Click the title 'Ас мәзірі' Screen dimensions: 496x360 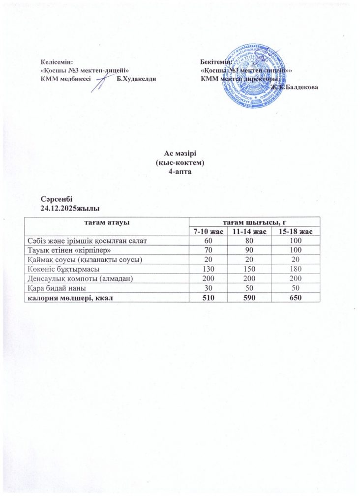pyautogui.click(x=180, y=154)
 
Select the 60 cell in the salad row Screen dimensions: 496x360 pyautogui.click(x=208, y=240)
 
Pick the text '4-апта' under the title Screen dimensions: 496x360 pyautogui.click(x=180, y=171)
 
